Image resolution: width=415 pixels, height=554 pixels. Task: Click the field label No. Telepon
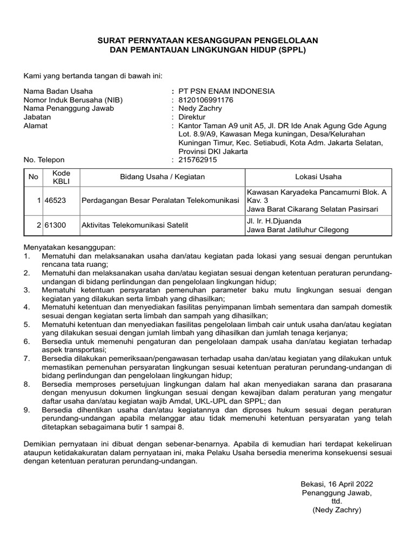tap(44, 160)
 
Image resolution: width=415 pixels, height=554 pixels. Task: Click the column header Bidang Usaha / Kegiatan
tap(162, 177)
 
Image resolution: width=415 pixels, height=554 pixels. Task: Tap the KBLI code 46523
tap(55, 201)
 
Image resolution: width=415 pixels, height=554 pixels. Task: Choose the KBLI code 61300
tap(55, 225)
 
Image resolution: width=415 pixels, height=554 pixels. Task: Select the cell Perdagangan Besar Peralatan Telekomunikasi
tap(160, 201)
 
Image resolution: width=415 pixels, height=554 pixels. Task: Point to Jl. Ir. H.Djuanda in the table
tap(275, 221)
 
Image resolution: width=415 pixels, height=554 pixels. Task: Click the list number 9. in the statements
tap(27, 411)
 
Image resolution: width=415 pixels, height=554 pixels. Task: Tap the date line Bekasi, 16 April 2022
tap(336, 484)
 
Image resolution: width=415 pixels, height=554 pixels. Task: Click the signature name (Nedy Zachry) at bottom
tap(336, 510)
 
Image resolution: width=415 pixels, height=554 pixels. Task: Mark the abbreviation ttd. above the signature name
tap(337, 501)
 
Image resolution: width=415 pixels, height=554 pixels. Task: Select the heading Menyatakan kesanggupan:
tap(66, 246)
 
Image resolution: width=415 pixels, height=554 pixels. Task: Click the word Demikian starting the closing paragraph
tap(41, 444)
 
